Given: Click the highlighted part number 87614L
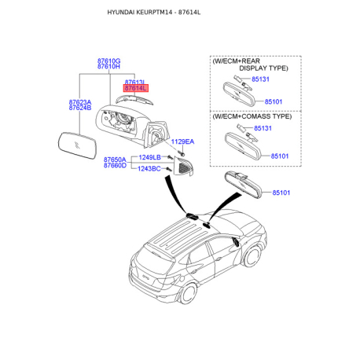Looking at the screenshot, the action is (136, 88).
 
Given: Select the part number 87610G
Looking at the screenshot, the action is (108, 61).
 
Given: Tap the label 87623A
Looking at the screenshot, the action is (80, 102).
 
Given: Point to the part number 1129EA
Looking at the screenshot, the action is (182, 141).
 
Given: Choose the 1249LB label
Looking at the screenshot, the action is (149, 157).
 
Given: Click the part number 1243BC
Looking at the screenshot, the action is (149, 169).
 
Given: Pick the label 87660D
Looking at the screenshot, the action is (115, 165).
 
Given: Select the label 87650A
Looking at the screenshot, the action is (115, 160).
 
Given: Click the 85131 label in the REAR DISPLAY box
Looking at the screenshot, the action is (260, 79).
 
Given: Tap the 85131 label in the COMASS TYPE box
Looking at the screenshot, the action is (263, 128).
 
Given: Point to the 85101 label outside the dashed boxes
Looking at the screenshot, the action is (281, 193).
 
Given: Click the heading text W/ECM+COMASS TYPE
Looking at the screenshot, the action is (252, 116).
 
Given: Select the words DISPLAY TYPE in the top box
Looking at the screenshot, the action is (263, 68).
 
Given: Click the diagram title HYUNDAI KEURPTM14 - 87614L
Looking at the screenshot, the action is (154, 13).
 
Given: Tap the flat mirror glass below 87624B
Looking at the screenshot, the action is (77, 145).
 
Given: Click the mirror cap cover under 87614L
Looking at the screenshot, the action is (134, 100).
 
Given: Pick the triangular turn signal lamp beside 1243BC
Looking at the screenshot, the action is (183, 166).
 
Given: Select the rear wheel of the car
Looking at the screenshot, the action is (188, 293).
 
